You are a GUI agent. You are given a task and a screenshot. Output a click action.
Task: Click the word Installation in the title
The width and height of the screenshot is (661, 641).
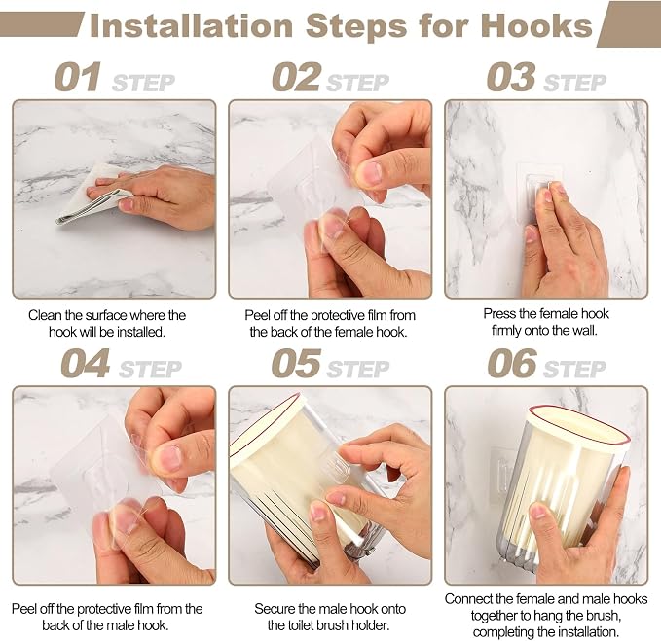192,26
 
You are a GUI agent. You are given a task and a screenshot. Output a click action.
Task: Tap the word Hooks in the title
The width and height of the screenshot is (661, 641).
536,26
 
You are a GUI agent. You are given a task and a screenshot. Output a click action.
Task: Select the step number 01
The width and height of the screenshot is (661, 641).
78,77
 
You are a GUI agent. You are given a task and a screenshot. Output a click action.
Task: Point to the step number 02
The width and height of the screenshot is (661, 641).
296,77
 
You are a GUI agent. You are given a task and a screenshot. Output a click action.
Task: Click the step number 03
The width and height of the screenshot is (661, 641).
511,77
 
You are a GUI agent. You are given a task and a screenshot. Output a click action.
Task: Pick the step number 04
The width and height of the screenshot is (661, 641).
86,364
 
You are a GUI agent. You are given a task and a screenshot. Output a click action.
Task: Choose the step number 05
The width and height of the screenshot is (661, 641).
296,364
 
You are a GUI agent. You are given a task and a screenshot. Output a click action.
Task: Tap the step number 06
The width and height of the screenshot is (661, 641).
512,364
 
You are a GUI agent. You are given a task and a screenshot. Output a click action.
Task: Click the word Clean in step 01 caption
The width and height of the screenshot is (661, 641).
45,315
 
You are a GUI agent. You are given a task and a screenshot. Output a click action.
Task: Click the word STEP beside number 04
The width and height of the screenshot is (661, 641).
150,370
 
